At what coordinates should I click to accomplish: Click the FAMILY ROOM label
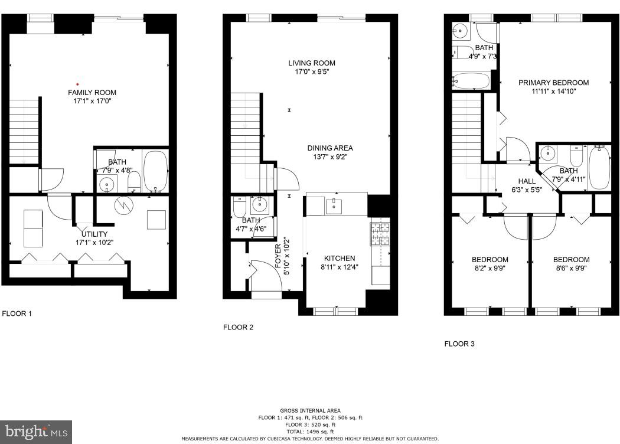pyautogui.click(x=92, y=93)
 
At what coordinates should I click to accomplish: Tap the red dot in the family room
pyautogui.click(x=77, y=84)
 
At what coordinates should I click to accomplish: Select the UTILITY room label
pyautogui.click(x=90, y=234)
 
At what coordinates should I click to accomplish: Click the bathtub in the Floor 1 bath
pyautogui.click(x=156, y=170)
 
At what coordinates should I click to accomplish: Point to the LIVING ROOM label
pyautogui.click(x=312, y=63)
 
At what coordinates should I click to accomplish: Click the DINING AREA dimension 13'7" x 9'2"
pyautogui.click(x=329, y=158)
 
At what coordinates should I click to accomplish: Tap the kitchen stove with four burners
pyautogui.click(x=380, y=233)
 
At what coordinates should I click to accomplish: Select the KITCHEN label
pyautogui.click(x=340, y=259)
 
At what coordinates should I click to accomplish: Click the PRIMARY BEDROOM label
pyautogui.click(x=553, y=83)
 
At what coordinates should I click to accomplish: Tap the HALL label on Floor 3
pyautogui.click(x=527, y=181)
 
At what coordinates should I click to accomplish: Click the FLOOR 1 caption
pyautogui.click(x=18, y=314)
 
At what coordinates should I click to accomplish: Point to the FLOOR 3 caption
pyautogui.click(x=459, y=344)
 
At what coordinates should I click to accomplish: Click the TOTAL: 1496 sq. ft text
pyautogui.click(x=310, y=432)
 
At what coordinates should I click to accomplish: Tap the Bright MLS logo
pyautogui.click(x=36, y=432)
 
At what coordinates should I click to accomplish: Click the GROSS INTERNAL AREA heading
pyautogui.click(x=310, y=410)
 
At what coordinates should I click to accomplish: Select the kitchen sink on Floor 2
pyautogui.click(x=334, y=205)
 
